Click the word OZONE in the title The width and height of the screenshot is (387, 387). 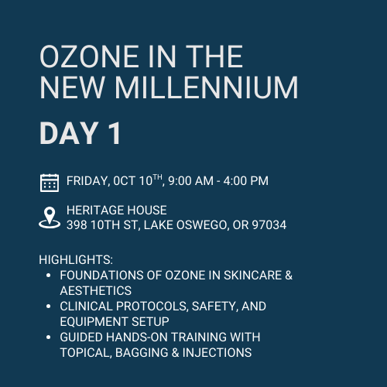(x=89, y=57)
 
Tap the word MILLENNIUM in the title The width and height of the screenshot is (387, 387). (x=207, y=87)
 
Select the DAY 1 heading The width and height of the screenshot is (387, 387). (x=80, y=133)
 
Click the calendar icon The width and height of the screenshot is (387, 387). (x=50, y=183)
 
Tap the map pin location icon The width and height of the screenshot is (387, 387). (x=50, y=217)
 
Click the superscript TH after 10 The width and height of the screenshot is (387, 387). (x=157, y=177)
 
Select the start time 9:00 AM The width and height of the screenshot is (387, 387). (x=190, y=181)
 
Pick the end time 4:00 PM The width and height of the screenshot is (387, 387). (x=246, y=181)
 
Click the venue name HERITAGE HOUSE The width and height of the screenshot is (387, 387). (x=117, y=210)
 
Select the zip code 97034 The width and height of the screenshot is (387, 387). (x=269, y=225)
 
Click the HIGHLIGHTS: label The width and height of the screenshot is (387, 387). (x=76, y=259)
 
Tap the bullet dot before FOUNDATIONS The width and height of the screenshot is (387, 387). (x=48, y=276)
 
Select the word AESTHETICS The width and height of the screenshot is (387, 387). (x=96, y=290)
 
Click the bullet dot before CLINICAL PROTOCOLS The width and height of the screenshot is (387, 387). (x=48, y=307)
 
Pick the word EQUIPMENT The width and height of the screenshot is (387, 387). (x=94, y=321)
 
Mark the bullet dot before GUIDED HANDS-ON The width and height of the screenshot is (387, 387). (x=48, y=337)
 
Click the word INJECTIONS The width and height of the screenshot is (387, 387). (x=217, y=352)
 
